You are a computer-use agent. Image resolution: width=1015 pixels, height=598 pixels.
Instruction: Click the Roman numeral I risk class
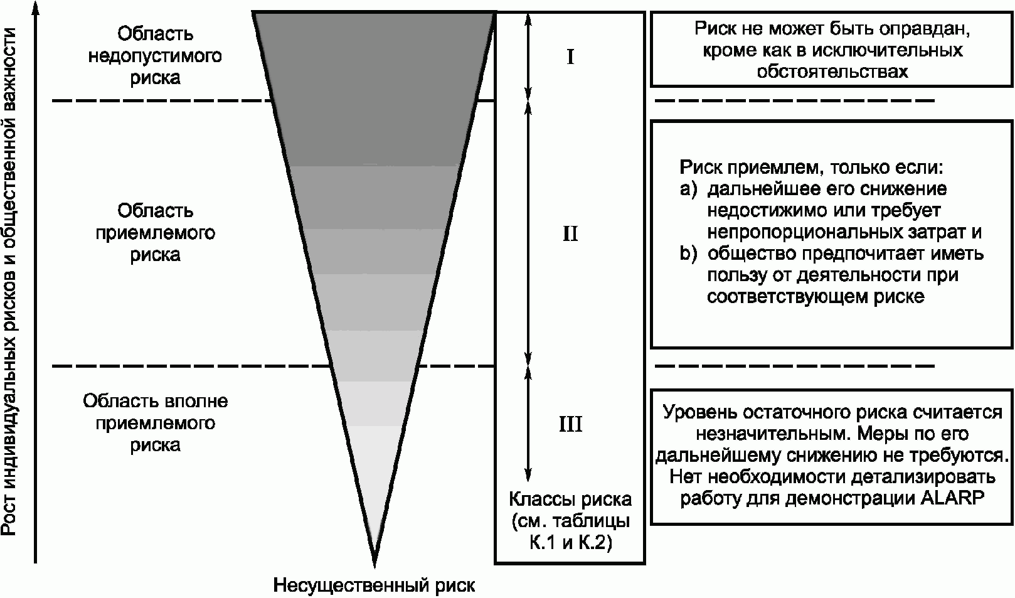(570, 58)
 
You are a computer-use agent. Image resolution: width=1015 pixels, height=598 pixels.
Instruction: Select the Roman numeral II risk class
(570, 235)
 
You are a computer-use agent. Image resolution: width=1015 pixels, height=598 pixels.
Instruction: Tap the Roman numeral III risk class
(570, 425)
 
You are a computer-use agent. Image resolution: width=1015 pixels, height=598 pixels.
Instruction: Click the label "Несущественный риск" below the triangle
(374, 586)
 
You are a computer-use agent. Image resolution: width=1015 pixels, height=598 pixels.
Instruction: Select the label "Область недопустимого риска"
(155, 56)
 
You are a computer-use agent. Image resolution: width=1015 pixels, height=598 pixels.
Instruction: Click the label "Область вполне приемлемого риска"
(155, 423)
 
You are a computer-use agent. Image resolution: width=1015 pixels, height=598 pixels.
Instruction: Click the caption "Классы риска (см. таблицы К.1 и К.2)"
(570, 521)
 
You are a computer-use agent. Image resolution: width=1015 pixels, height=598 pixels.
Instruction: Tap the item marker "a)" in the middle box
(688, 190)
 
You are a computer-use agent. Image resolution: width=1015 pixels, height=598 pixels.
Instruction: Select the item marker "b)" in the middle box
(688, 254)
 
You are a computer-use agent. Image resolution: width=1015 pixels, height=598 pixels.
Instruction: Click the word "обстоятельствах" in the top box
(832, 72)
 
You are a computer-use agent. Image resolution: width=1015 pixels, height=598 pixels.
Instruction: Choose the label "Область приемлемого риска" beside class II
(155, 233)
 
